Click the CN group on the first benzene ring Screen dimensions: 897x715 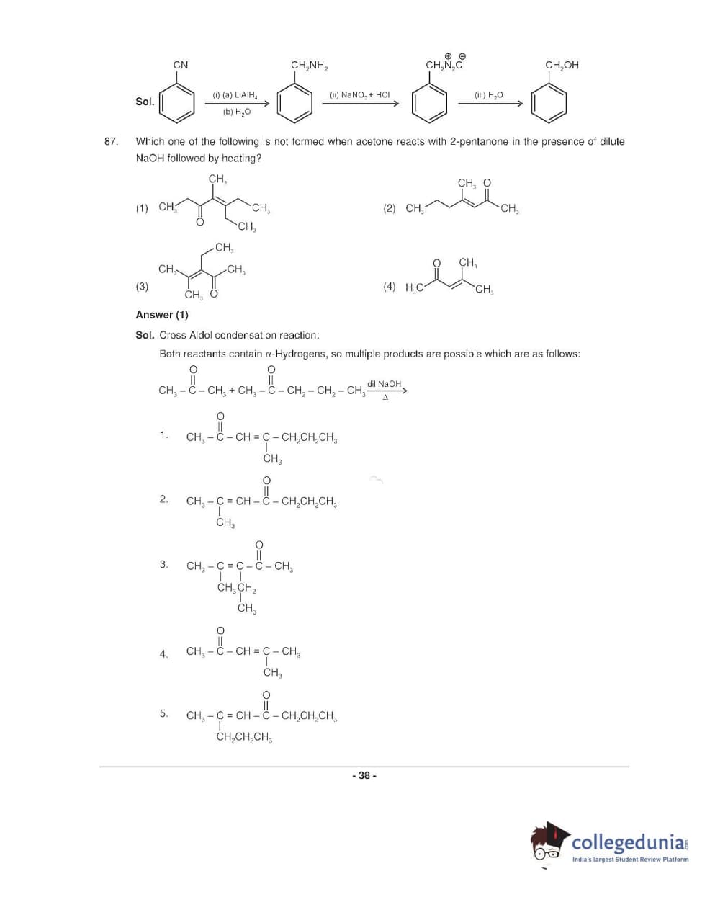pos(181,65)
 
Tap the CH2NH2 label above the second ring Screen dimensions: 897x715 pos(309,66)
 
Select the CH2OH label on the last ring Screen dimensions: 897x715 pos(562,66)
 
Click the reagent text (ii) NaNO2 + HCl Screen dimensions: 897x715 pos(359,94)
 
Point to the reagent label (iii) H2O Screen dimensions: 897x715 pos(488,94)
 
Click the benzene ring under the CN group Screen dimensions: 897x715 pos(177,103)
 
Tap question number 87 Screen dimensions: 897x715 pos(110,141)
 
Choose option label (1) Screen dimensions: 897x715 pos(142,208)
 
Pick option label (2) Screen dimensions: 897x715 pos(389,208)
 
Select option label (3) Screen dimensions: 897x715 pos(142,286)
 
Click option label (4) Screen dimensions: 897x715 pos(389,287)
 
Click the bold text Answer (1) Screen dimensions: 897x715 pos(162,315)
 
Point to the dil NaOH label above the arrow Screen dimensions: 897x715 pos(384,384)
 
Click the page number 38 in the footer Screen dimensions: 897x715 pos(364,776)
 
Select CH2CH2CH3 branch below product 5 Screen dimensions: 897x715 pos(244,737)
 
